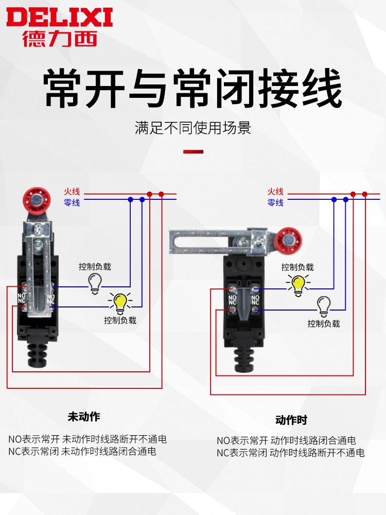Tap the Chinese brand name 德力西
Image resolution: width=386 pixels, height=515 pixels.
point(60,39)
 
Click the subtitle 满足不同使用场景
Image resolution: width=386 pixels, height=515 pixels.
point(193,128)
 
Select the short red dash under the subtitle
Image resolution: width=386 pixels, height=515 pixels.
point(194,152)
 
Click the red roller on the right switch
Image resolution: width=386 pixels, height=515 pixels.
point(287,241)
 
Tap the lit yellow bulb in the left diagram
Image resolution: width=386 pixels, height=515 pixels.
point(120,303)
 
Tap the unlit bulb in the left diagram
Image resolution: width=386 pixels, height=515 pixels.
point(95,283)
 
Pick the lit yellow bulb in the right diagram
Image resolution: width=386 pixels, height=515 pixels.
point(298,284)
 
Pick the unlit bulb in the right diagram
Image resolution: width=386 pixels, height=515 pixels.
point(323,306)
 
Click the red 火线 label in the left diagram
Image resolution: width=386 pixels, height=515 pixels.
point(72,192)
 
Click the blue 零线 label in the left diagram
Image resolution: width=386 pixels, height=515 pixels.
point(72,202)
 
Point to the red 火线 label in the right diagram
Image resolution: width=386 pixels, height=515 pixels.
point(275,192)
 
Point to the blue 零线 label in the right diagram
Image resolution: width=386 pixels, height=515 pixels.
point(275,202)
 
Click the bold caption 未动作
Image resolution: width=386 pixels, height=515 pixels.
point(84,416)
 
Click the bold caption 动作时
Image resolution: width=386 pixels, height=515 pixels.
point(291,420)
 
